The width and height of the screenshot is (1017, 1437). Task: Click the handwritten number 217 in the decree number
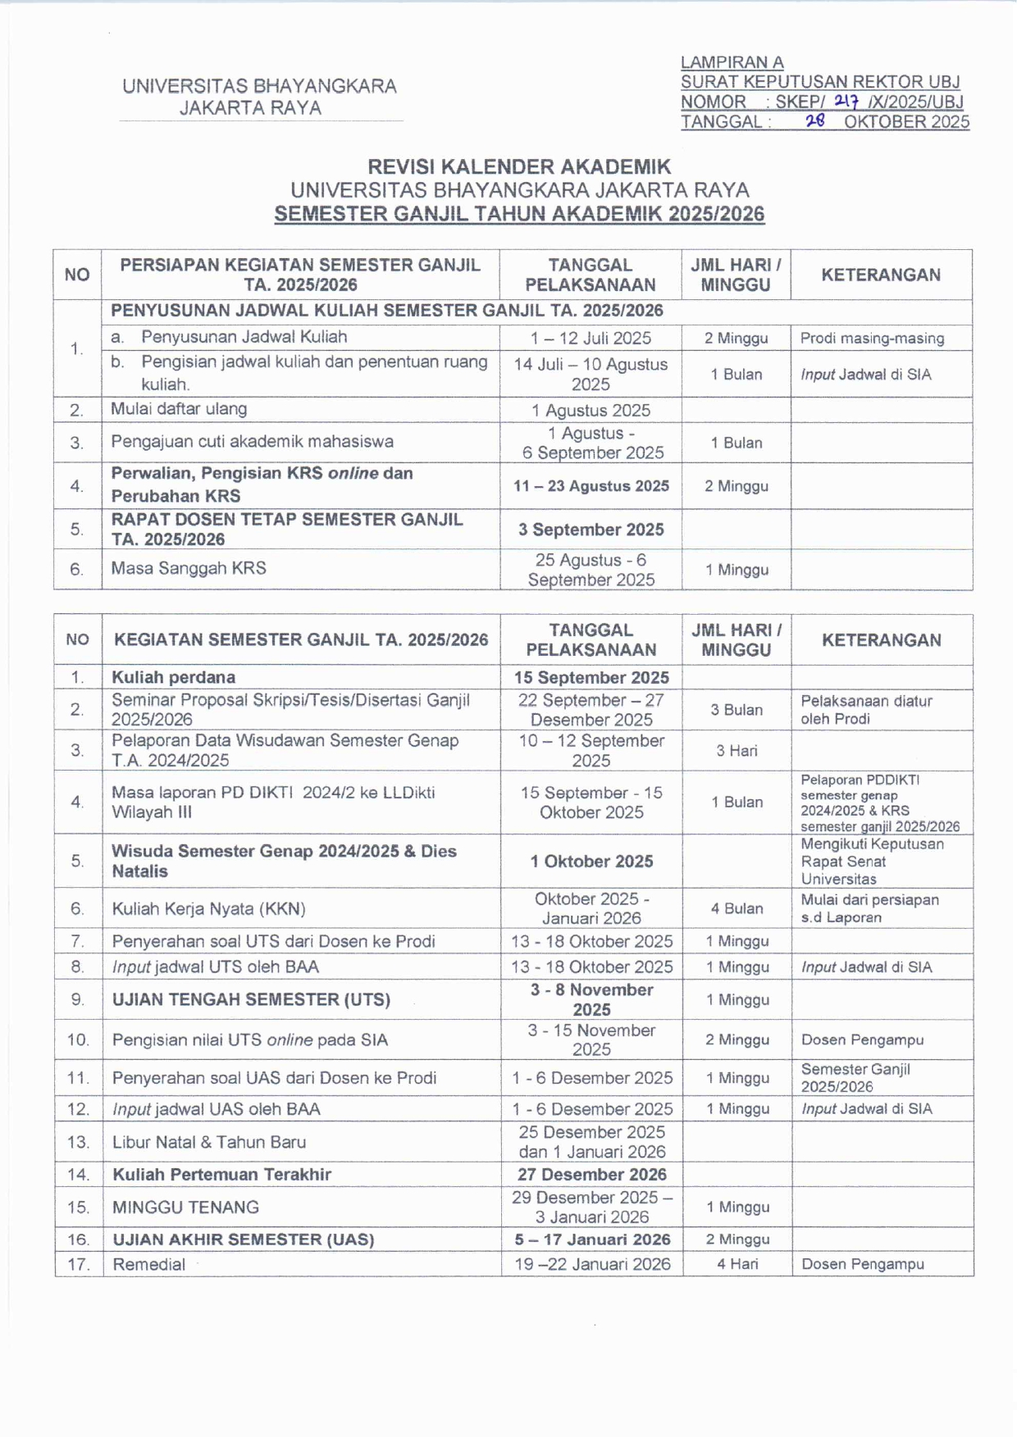pos(846,101)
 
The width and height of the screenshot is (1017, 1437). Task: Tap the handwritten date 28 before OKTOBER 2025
pos(814,121)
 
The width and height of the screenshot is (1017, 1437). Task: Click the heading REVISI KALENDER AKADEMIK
pos(518,166)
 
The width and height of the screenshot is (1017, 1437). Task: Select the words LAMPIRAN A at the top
pos(732,62)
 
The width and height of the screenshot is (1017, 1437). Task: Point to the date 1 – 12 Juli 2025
pos(591,338)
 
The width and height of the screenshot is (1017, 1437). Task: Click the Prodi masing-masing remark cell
pos(872,338)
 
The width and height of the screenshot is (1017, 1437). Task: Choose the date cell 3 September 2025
pos(591,530)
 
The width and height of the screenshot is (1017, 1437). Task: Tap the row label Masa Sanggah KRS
pos(189,568)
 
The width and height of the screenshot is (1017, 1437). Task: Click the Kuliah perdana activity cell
pos(174,677)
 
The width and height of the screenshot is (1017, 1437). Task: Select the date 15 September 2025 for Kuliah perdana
pos(591,677)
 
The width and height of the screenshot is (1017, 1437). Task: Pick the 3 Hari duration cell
pos(737,750)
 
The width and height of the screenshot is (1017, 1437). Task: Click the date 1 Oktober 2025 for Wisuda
pos(591,861)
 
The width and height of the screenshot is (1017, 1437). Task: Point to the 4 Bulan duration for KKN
pos(737,908)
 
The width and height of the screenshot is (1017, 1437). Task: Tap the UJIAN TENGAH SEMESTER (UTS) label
pos(251,999)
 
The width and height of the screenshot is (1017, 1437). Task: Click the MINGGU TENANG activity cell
pos(185,1207)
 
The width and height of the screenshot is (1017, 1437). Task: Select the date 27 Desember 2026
pos(591,1174)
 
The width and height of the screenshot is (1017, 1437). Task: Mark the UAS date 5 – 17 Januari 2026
pos(592,1239)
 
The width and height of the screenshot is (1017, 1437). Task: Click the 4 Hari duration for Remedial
pos(737,1264)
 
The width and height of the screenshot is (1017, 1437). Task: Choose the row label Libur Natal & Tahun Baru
pos(209,1142)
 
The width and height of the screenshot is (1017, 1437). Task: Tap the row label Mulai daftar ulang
pos(179,409)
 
